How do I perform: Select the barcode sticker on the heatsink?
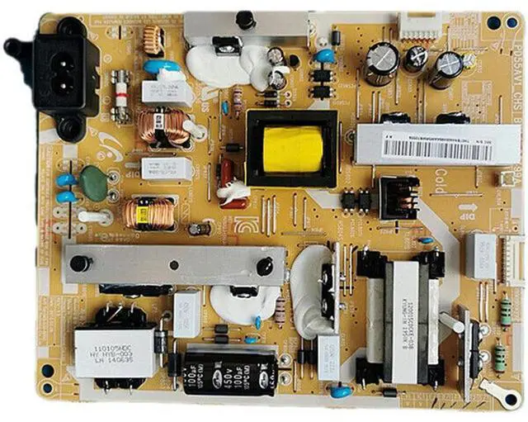click(x=426, y=148)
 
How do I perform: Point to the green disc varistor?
click(x=95, y=185)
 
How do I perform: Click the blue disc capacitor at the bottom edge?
click(x=337, y=391)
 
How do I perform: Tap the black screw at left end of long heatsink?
click(x=80, y=263)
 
